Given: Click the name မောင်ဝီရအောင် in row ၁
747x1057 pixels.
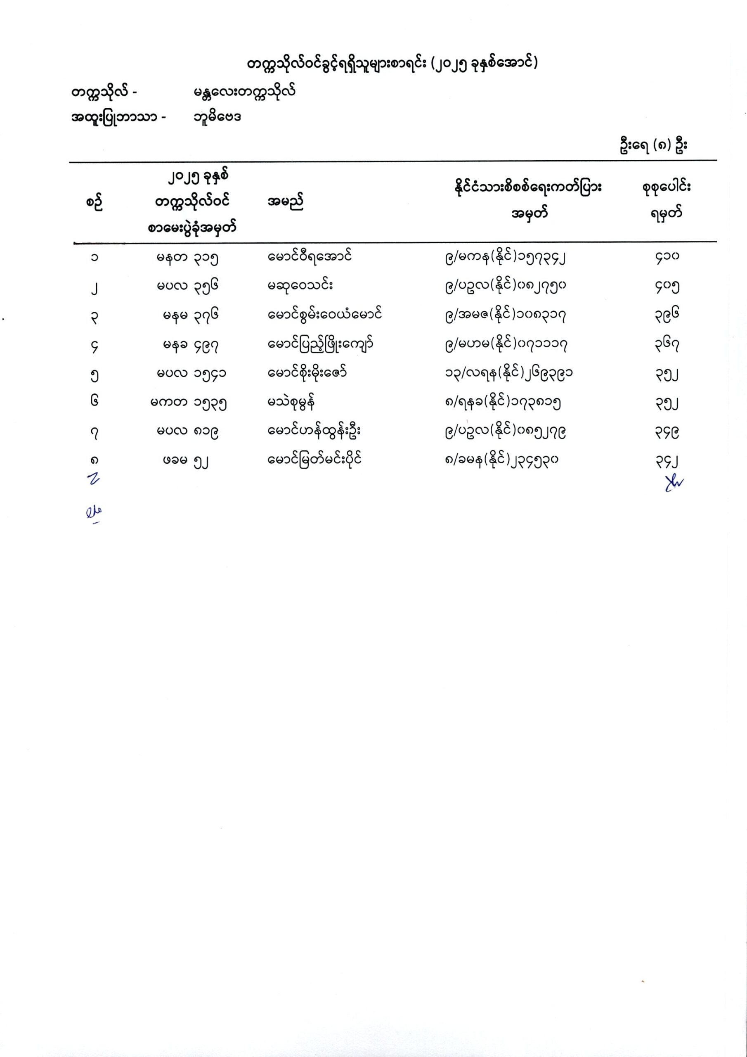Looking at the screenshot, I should tap(310, 256).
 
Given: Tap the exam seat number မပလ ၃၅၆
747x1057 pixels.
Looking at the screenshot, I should tap(187, 285).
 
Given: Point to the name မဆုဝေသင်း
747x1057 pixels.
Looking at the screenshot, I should tap(300, 285).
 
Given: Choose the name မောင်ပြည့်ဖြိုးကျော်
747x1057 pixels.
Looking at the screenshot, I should tap(320, 344).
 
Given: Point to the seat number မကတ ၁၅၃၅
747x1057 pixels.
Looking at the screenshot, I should tap(188, 403).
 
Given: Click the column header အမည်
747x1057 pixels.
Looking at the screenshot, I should tap(285, 202).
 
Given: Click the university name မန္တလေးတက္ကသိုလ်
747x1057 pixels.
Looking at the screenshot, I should tap(244, 92).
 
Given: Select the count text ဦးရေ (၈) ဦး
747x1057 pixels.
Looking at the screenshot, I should tap(654, 145).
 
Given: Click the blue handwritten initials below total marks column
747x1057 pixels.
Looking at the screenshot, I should tap(674, 483).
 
